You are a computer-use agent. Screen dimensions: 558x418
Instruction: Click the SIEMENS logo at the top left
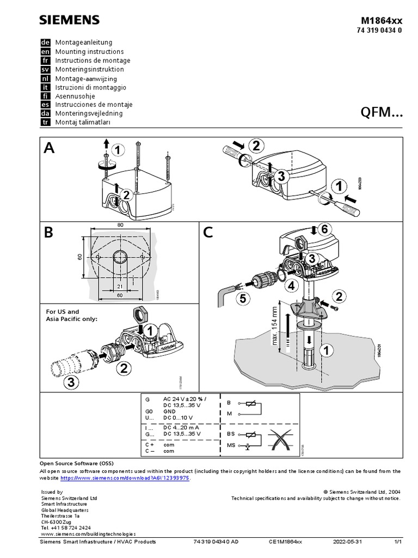pos(69,20)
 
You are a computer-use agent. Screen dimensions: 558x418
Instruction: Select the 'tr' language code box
pos(46,123)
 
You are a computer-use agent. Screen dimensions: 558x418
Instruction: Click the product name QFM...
pos(382,112)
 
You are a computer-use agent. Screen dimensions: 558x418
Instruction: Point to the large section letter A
pos(50,149)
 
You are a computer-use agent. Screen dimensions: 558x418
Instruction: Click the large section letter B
pos(49,233)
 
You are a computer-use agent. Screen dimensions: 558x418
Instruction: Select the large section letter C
pos(208,233)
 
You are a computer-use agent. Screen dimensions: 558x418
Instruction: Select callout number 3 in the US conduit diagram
pos(70,382)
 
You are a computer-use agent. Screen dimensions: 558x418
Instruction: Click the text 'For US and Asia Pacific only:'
pos(72,316)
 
